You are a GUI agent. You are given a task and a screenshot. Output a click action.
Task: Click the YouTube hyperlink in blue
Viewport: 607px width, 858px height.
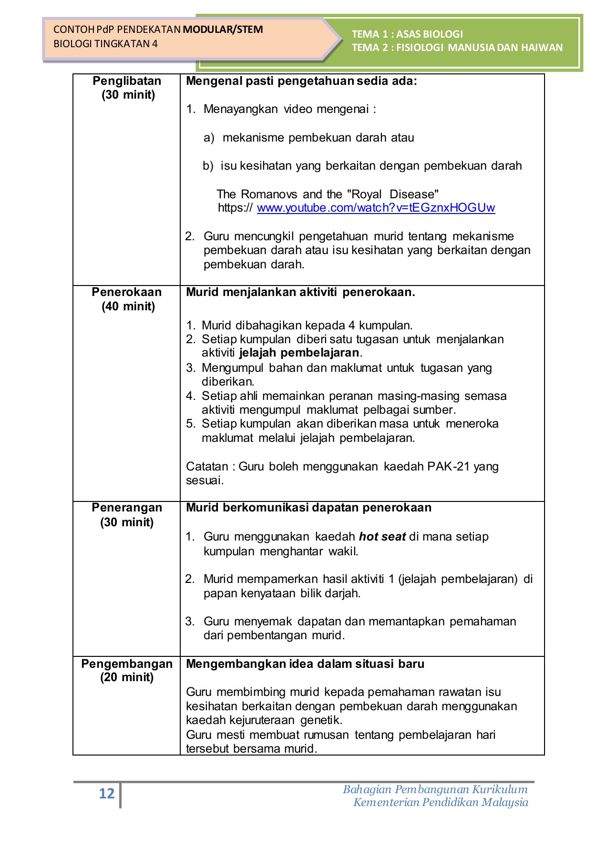click(x=376, y=208)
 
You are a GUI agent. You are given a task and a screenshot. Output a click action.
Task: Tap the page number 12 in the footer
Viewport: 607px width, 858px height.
click(x=107, y=794)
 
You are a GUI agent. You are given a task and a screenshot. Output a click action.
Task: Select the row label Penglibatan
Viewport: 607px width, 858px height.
click(x=127, y=81)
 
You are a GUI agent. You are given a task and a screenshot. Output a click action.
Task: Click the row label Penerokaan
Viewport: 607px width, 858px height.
click(x=127, y=292)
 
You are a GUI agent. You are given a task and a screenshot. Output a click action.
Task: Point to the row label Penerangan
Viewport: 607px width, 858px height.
click(x=127, y=508)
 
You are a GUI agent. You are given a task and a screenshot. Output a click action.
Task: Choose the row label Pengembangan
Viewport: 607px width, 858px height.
click(x=127, y=664)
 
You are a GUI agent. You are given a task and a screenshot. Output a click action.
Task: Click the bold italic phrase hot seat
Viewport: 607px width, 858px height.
click(x=382, y=537)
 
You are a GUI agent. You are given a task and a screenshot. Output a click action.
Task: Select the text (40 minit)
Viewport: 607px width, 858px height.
click(x=128, y=306)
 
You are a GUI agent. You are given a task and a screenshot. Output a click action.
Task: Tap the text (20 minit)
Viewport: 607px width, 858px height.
click(x=127, y=677)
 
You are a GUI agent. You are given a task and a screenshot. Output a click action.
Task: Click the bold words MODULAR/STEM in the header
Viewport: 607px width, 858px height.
click(x=223, y=30)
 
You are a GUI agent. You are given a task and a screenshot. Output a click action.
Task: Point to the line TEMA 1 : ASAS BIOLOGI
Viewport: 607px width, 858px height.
click(x=407, y=34)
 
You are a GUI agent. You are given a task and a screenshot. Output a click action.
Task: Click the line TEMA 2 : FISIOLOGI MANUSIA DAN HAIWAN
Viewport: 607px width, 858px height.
click(x=457, y=48)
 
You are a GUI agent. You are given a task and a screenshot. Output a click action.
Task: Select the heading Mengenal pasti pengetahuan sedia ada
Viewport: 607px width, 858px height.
click(x=301, y=81)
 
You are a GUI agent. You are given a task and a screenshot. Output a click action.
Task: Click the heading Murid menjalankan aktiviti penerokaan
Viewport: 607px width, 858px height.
click(x=300, y=292)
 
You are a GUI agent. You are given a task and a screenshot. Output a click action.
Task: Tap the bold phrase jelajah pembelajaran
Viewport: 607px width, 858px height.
click(x=299, y=353)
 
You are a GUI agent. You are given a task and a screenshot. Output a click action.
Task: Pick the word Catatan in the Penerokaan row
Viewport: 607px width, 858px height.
click(x=207, y=466)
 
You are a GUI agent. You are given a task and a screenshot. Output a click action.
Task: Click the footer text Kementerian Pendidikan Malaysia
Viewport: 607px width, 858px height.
click(x=441, y=803)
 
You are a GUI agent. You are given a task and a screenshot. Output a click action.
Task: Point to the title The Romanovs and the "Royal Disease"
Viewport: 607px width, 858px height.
click(x=328, y=194)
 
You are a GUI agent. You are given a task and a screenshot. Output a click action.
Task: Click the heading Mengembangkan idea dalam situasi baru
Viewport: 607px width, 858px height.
click(x=305, y=664)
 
